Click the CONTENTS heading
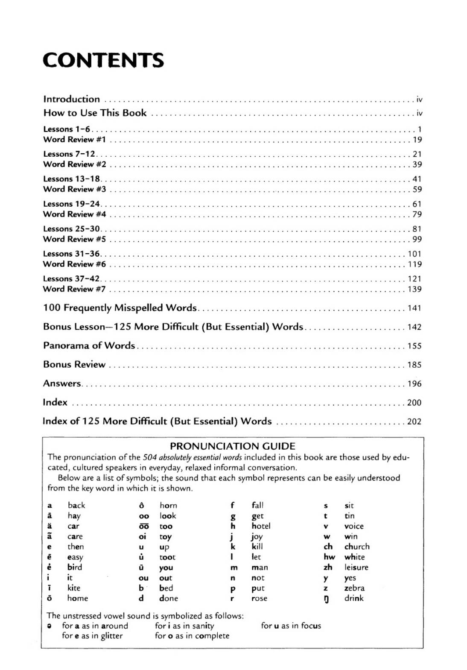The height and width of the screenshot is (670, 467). pyautogui.click(x=103, y=60)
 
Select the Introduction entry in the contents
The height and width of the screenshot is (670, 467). pyautogui.click(x=71, y=99)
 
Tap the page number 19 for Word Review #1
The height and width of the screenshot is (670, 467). pyautogui.click(x=417, y=140)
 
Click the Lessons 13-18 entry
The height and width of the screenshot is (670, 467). pyautogui.click(x=72, y=179)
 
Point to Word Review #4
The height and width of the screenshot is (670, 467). pyautogui.click(x=74, y=214)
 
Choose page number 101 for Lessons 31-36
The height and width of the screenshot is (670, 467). pyautogui.click(x=414, y=254)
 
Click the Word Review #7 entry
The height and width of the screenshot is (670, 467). pyautogui.click(x=74, y=289)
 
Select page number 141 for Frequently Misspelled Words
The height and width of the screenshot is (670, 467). pyautogui.click(x=414, y=308)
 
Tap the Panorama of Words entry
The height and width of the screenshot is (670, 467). pyautogui.click(x=89, y=345)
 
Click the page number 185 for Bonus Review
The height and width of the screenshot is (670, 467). pyautogui.click(x=414, y=365)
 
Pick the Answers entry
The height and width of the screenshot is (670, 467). pyautogui.click(x=62, y=383)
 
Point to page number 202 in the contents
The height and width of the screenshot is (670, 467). pyautogui.click(x=414, y=422)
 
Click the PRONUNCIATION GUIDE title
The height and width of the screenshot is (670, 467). pyautogui.click(x=232, y=446)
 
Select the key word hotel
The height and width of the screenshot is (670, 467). pyautogui.click(x=261, y=526)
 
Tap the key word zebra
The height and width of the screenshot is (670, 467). pyautogui.click(x=354, y=588)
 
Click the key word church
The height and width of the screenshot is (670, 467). pyautogui.click(x=357, y=547)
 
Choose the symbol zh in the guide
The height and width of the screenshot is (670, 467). pyautogui.click(x=328, y=568)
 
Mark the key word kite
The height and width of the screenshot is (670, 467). pyautogui.click(x=74, y=588)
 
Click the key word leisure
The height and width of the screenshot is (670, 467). pyautogui.click(x=356, y=568)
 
